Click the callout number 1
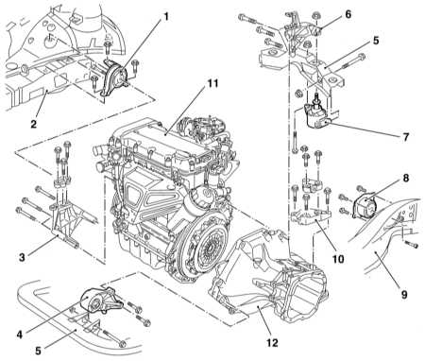click(x=165, y=17)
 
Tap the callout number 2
click(x=34, y=124)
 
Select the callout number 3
click(x=22, y=257)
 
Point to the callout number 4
click(x=20, y=335)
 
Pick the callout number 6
click(x=348, y=14)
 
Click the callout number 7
click(x=406, y=137)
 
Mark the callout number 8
click(x=406, y=178)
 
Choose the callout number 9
click(x=404, y=295)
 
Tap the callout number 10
click(x=338, y=259)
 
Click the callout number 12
click(x=273, y=342)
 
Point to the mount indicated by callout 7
click(x=316, y=115)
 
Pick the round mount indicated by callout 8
click(x=365, y=205)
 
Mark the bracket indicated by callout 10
click(x=311, y=216)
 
